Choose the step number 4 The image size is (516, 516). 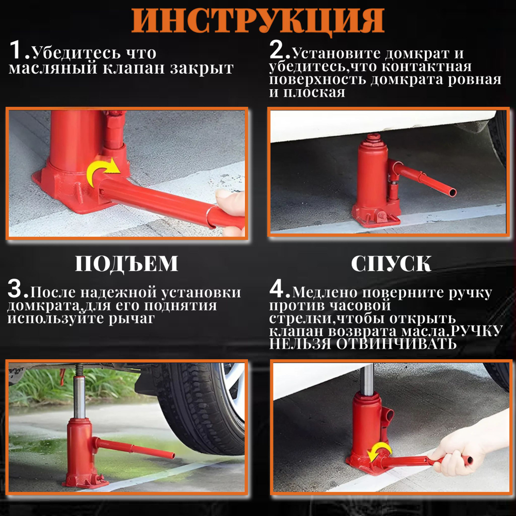[x=280, y=290]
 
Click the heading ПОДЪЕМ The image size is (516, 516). [x=126, y=264]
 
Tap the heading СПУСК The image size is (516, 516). [x=391, y=264]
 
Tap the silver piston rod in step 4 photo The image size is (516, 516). [x=367, y=379]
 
